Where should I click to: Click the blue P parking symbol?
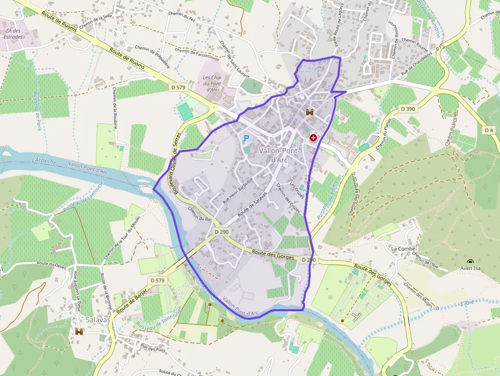[x=246, y=138]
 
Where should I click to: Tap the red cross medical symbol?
[x=313, y=138]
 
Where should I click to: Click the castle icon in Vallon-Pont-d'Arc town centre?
[x=309, y=112]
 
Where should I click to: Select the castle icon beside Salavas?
[x=79, y=332]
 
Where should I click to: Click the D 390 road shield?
[x=408, y=109]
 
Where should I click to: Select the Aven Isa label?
[x=470, y=268]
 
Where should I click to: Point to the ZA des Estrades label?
[x=13, y=34]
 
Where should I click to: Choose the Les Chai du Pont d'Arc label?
[x=212, y=84]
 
